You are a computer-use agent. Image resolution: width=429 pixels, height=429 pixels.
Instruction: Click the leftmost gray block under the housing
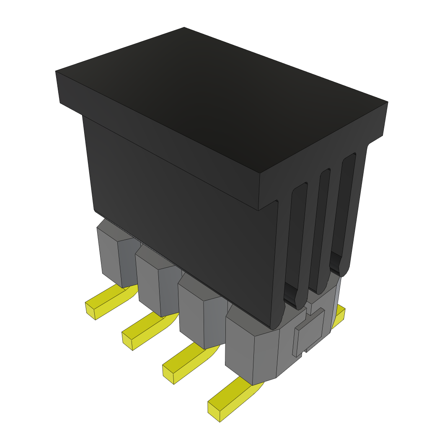pyautogui.click(x=113, y=256)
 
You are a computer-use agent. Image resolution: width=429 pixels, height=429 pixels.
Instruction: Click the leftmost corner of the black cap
pyautogui.click(x=57, y=72)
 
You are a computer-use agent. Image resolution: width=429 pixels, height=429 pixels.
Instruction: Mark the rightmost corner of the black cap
pyautogui.click(x=387, y=102)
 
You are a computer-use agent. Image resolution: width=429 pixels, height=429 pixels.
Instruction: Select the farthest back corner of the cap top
pyautogui.click(x=184, y=28)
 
